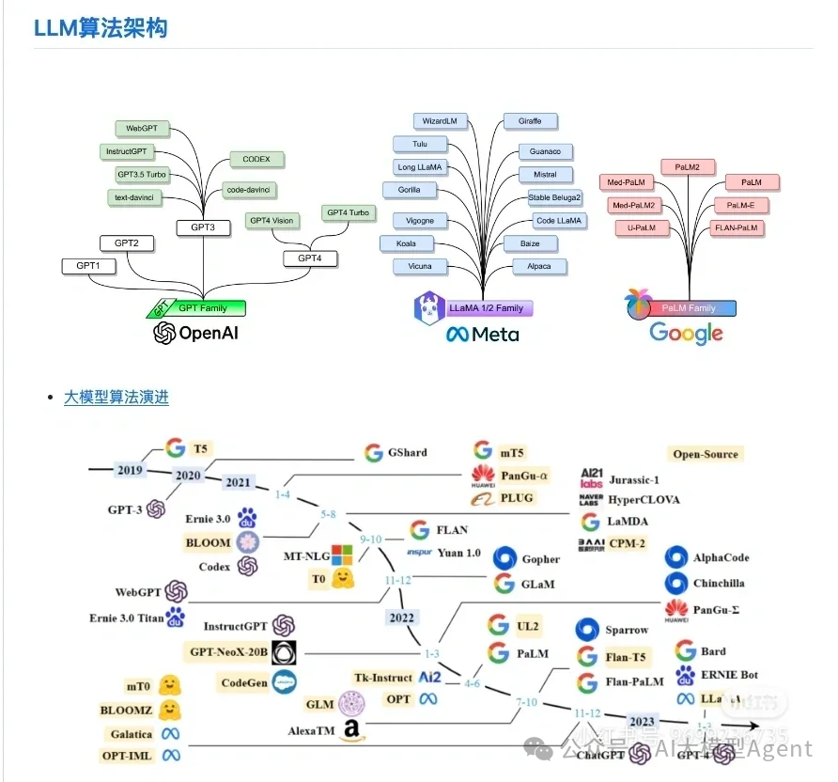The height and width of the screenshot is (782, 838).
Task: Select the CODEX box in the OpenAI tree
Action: click(256, 160)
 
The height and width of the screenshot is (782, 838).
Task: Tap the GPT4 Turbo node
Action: click(348, 213)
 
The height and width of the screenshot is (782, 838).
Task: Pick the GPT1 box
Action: click(88, 266)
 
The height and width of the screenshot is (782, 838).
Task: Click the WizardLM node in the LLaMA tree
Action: click(439, 121)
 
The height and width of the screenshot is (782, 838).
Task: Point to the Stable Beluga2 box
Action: click(554, 198)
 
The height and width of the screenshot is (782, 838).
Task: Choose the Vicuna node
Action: click(420, 267)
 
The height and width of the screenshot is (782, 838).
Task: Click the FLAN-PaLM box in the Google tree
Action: click(737, 227)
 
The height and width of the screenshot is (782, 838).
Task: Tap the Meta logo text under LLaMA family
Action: click(483, 334)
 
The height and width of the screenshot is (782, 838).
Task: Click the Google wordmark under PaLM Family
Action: click(686, 333)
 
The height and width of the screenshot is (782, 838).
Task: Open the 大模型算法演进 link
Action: click(116, 398)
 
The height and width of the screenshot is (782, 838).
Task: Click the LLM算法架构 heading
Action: click(101, 28)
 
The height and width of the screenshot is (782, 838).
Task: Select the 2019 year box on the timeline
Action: click(129, 470)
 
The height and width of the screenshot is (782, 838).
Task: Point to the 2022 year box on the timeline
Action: click(401, 618)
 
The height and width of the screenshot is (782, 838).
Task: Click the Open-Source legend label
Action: click(706, 454)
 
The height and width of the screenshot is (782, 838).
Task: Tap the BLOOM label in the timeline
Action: click(208, 542)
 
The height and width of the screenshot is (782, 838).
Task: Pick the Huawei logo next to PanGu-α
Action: click(483, 476)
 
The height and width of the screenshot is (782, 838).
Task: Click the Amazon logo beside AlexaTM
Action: click(351, 729)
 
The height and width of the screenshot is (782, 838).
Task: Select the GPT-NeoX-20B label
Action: click(229, 652)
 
